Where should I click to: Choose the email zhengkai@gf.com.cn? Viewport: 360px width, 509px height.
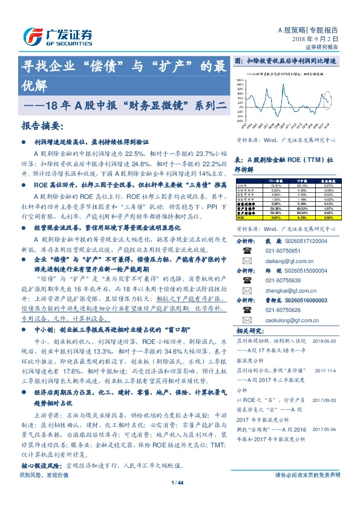tap(284, 291)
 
